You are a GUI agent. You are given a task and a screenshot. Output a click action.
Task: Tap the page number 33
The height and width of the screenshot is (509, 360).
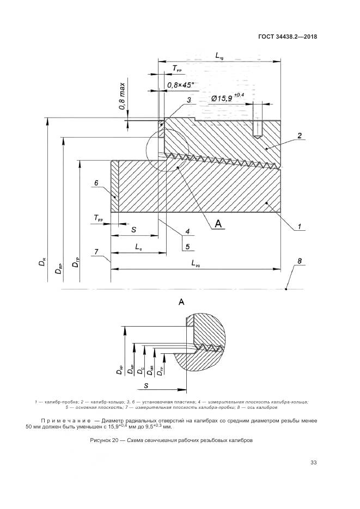point(313,463)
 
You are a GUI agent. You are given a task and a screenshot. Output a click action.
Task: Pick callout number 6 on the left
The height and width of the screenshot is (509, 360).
point(96,183)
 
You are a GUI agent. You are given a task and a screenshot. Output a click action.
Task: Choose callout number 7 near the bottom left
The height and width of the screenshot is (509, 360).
point(96,252)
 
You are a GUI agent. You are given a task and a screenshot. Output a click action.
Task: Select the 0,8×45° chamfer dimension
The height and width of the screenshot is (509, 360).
point(181,85)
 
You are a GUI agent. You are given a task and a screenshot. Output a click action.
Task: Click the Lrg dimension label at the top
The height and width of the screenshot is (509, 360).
point(219,56)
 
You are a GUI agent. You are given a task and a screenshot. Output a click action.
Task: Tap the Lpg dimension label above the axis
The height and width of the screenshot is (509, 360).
point(197,263)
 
